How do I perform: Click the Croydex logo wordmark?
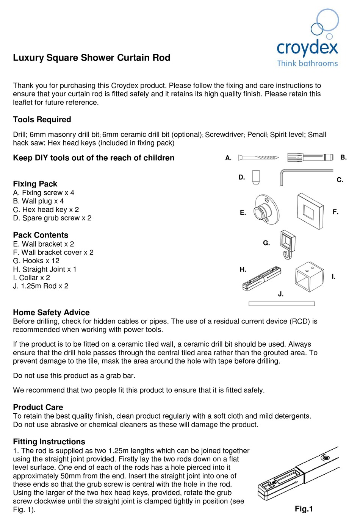(307, 48)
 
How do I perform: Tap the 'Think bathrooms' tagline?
(307, 63)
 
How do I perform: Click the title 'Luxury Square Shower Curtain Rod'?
(92, 58)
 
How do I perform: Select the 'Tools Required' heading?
(42, 119)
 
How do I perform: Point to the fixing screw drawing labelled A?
(258, 158)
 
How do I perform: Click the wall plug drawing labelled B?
(310, 157)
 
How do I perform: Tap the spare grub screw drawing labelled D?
(256, 177)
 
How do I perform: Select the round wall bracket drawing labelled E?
(266, 210)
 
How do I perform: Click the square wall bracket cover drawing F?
(310, 211)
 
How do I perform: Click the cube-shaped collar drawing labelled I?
(309, 277)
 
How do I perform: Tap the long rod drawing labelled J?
(282, 303)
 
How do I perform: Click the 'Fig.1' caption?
(304, 509)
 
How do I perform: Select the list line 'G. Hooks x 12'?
(36, 261)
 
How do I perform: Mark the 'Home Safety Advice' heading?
(51, 312)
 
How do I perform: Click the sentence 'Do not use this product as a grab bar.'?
(74, 375)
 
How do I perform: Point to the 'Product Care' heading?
(38, 407)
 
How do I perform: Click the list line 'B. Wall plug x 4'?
(38, 201)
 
